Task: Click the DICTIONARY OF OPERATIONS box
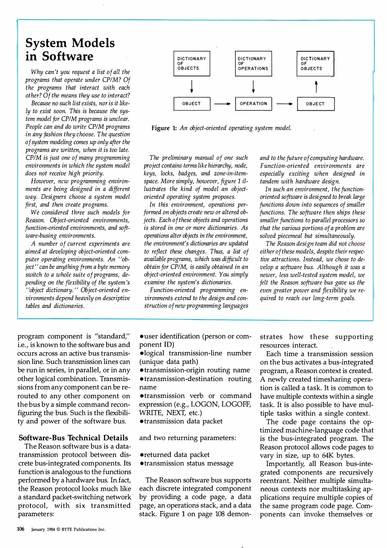[253, 63]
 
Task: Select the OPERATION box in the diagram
[253, 104]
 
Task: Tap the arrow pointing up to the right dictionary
[316, 87]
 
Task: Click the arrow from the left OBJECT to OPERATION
[222, 104]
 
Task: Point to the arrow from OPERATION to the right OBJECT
[284, 104]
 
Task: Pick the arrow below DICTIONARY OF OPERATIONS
[253, 87]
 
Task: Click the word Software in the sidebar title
[68, 56]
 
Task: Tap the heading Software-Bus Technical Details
[73, 438]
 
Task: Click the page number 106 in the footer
[21, 529]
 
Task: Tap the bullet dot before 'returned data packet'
[141, 455]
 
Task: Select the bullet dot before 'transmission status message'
[141, 464]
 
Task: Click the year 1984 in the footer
[51, 529]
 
